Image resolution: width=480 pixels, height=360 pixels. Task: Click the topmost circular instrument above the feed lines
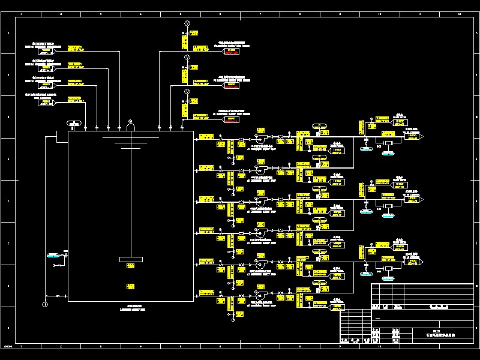point(187,23)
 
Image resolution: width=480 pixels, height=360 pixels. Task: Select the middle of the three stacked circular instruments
point(187,57)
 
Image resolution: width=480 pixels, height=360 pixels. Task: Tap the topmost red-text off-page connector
point(232,51)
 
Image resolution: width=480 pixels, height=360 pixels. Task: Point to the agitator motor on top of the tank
point(130,125)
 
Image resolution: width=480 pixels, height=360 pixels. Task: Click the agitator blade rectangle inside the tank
point(131,259)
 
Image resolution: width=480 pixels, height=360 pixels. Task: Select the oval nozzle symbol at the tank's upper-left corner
point(74,124)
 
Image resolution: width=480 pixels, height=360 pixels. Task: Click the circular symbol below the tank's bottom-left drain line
point(44,305)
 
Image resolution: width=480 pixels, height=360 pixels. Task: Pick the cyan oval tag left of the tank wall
point(53,256)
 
